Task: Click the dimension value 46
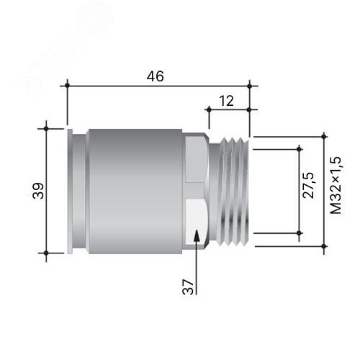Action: [x=156, y=76]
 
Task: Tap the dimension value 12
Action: [x=226, y=101]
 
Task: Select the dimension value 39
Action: [x=38, y=191]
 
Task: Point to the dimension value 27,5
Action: [x=308, y=185]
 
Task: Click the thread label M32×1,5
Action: [x=336, y=185]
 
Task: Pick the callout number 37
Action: [x=188, y=287]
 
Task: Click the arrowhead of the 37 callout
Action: [x=197, y=235]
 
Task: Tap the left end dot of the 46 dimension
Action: [x=67, y=86]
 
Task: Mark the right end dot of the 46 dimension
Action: [x=250, y=86]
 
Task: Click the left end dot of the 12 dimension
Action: [x=209, y=109]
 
